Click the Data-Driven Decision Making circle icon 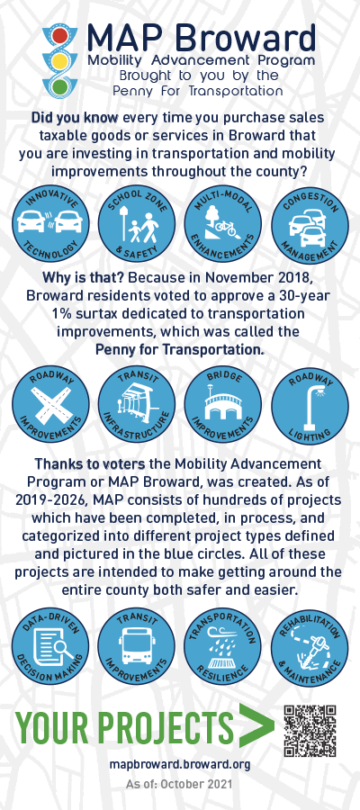tap(50, 645)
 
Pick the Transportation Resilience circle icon tap(222, 645)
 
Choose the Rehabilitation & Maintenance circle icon tap(310, 645)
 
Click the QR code tap(310, 731)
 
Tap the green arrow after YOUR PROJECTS tap(256, 725)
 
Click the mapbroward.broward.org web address tap(180, 764)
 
